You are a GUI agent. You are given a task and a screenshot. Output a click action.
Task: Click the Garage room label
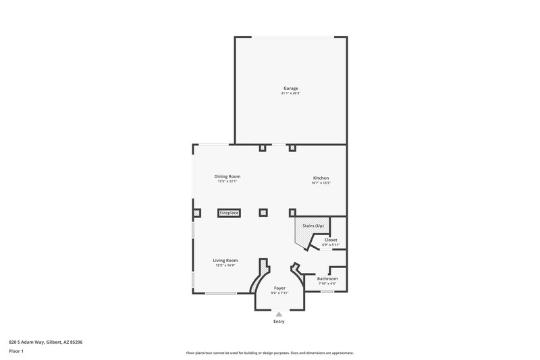coord(290,88)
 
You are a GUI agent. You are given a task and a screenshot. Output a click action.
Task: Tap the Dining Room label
coord(228,176)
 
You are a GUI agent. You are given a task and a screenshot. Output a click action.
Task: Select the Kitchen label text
coord(320,178)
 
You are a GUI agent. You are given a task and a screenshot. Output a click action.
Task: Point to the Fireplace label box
coord(229,213)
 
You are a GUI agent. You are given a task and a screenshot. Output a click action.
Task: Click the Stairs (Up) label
coord(313,225)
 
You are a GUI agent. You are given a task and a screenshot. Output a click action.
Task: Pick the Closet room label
coord(330,240)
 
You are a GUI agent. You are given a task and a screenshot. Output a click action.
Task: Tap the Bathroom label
coord(327,278)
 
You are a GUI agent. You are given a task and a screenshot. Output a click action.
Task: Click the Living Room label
coord(225,260)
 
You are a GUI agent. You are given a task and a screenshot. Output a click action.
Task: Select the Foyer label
coord(279,288)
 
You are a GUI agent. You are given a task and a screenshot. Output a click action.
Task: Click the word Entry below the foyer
coord(279,322)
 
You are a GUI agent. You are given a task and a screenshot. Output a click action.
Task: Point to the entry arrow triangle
coord(279,313)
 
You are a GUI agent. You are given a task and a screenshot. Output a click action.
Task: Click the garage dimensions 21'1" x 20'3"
coord(290,93)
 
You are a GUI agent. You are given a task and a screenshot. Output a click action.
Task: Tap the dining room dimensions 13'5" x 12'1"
coord(228,181)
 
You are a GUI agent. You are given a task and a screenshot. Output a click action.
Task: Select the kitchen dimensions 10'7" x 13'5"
coord(320,183)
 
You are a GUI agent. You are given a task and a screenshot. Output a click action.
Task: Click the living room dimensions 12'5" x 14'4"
coord(225,265)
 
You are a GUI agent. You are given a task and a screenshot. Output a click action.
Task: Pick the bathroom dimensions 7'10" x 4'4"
coord(327,283)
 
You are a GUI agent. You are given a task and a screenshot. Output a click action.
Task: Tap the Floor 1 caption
coord(17,352)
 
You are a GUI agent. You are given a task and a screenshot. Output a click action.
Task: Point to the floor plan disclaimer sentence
coord(269,353)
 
